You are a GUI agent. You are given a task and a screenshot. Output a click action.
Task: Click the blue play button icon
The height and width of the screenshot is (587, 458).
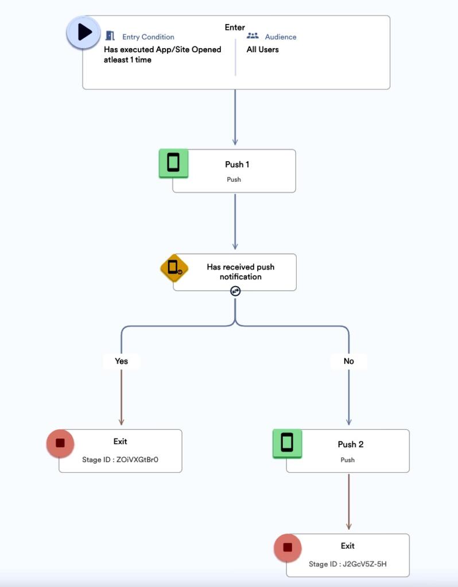pyautogui.click(x=84, y=32)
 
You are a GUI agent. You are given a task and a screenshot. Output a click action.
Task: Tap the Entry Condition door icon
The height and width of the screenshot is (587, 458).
pyautogui.click(x=110, y=36)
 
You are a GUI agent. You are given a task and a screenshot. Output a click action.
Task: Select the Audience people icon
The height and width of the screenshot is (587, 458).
pyautogui.click(x=253, y=36)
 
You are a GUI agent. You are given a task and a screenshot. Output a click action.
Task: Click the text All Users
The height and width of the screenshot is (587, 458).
pyautogui.click(x=262, y=49)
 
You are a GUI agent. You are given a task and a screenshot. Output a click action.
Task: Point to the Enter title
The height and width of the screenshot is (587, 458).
pyautogui.click(x=235, y=27)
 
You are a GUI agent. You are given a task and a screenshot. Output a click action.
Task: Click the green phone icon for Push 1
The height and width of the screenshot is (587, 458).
pyautogui.click(x=173, y=163)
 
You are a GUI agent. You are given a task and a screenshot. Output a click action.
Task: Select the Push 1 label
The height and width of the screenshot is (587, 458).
pyautogui.click(x=237, y=165)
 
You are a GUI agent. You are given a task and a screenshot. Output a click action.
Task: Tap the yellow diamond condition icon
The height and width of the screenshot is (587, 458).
pyautogui.click(x=174, y=268)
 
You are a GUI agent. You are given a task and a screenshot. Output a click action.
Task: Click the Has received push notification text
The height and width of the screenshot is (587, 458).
pyautogui.click(x=240, y=272)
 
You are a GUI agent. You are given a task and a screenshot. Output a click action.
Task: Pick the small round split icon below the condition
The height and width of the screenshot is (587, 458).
pyautogui.click(x=235, y=291)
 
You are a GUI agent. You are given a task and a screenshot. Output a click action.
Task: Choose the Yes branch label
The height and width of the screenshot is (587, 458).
pyautogui.click(x=121, y=361)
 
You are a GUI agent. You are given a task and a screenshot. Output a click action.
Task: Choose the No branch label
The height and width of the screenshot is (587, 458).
pyautogui.click(x=348, y=361)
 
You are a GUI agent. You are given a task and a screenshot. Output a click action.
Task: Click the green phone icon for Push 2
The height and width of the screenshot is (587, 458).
pyautogui.click(x=287, y=443)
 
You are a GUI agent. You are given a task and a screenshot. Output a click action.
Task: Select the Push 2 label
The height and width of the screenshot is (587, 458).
pyautogui.click(x=350, y=444)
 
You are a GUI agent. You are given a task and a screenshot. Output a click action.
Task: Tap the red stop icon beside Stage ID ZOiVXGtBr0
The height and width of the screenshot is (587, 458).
pyautogui.click(x=60, y=443)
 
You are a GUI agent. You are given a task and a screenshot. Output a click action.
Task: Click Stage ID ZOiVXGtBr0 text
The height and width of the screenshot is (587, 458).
pyautogui.click(x=120, y=459)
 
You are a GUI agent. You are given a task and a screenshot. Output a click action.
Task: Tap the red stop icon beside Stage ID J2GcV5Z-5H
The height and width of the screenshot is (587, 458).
pyautogui.click(x=288, y=547)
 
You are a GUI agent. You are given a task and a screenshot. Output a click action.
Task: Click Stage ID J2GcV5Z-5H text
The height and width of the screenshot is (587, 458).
pyautogui.click(x=347, y=563)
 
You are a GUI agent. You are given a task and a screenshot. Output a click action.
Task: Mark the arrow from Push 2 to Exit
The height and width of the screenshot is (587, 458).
pyautogui.click(x=348, y=502)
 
